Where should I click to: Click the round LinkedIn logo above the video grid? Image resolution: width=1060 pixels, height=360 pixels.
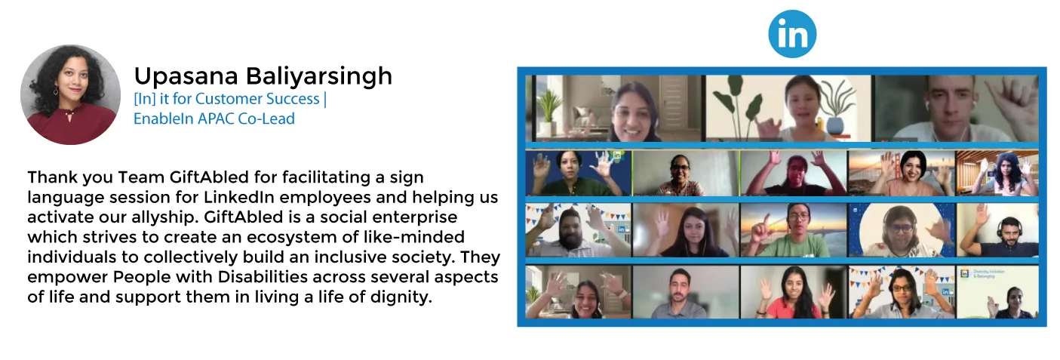[x=792, y=34]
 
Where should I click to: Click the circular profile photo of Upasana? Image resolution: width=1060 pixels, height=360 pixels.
[x=70, y=95]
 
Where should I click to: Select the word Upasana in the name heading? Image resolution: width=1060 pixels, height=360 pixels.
[x=186, y=76]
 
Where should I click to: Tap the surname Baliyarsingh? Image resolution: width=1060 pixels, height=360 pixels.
[x=319, y=76]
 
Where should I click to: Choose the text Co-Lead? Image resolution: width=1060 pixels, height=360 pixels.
[x=266, y=118]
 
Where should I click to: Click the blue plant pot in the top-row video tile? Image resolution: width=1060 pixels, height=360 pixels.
[x=836, y=124]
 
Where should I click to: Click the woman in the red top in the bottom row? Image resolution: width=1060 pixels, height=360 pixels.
[x=794, y=294]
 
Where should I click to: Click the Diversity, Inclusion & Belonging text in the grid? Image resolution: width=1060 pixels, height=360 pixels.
[x=989, y=274]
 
